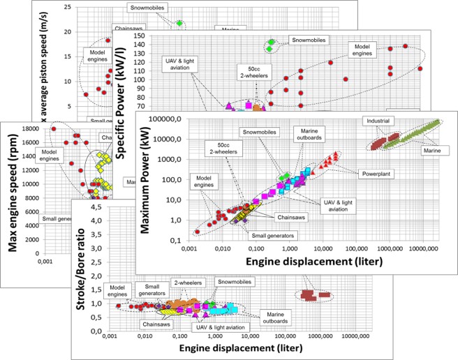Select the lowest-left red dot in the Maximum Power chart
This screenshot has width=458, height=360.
(x=198, y=231)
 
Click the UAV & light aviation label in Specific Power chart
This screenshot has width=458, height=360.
(x=177, y=67)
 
